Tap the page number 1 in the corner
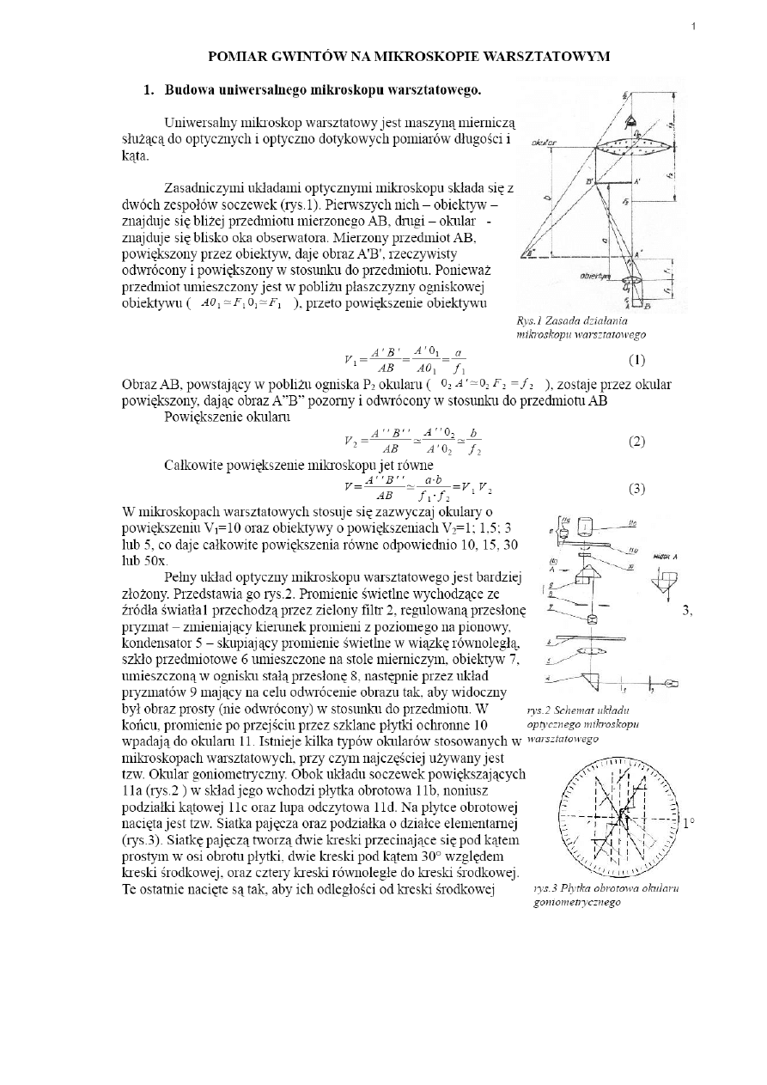[694, 27]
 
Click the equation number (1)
[637, 359]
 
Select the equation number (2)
[637, 442]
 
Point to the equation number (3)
[637, 489]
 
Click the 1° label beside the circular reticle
[688, 823]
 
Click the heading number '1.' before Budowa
[149, 89]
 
